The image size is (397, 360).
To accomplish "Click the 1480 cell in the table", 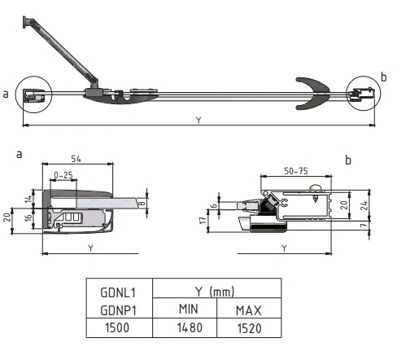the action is click(x=190, y=327).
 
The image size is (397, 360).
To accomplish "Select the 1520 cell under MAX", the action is click(x=250, y=328).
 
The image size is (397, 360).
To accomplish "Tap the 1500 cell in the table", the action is click(x=117, y=327).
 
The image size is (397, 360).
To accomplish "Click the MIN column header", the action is click(x=189, y=309).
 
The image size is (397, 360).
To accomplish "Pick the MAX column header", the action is click(x=249, y=310).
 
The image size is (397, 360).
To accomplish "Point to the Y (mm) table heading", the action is click(x=215, y=292).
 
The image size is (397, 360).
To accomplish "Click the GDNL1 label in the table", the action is click(x=118, y=292).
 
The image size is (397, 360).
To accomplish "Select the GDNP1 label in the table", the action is click(x=118, y=310).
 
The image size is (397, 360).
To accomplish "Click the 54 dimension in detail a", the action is click(x=76, y=159).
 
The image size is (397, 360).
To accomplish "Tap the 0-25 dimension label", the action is click(x=63, y=175).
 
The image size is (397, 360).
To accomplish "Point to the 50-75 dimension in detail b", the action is click(x=296, y=171).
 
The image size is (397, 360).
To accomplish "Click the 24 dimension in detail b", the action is click(x=364, y=205).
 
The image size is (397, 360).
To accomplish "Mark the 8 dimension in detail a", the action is click(x=142, y=203).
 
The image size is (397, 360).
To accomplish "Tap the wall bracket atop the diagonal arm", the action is click(x=25, y=22).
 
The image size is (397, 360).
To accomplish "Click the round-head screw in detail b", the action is click(x=316, y=192).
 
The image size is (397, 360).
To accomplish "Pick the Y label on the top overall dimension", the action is click(x=198, y=120).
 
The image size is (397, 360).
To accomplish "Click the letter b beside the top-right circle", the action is click(x=383, y=77).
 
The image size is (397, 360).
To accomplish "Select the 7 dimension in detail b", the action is click(x=364, y=225).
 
